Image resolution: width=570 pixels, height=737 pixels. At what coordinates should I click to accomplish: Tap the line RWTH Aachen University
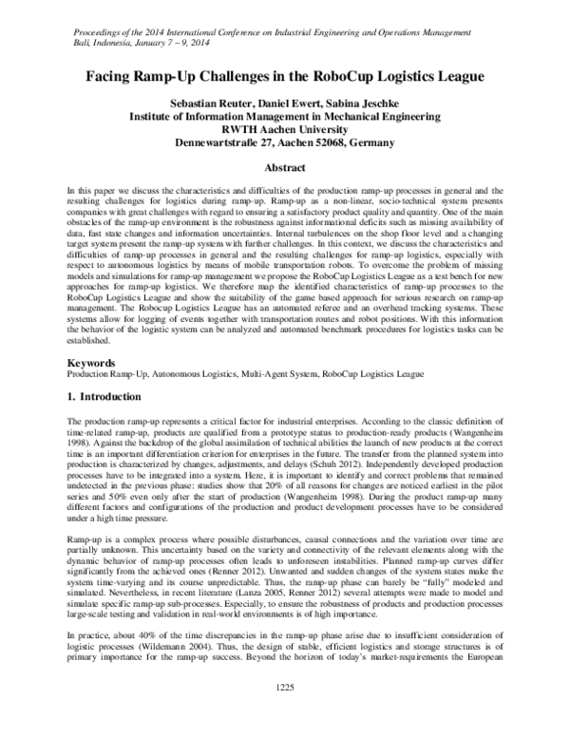click(285, 130)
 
